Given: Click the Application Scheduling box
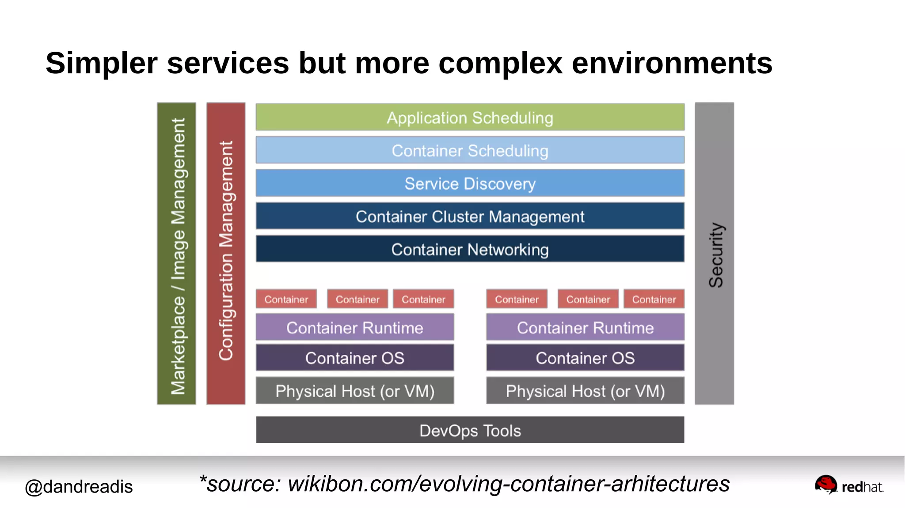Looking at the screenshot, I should (x=470, y=118).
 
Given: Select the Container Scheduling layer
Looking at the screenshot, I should (x=470, y=150).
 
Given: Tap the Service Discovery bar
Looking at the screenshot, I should (x=470, y=183).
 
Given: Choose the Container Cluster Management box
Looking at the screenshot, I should (x=470, y=216).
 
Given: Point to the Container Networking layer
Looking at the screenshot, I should (x=470, y=249).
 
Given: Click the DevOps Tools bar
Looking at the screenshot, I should (x=470, y=430).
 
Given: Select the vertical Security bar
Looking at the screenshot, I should (x=714, y=254).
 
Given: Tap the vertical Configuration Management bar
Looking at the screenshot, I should (x=226, y=254).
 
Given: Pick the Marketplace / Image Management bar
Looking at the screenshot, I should (x=176, y=254).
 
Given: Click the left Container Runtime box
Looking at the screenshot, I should (x=355, y=327).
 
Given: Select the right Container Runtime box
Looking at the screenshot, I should (x=585, y=327).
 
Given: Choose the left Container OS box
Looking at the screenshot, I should (x=355, y=357).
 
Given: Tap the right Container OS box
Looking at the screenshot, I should (x=585, y=357).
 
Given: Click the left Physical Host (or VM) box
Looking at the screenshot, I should (x=355, y=390).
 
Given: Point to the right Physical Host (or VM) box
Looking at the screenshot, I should (x=585, y=390).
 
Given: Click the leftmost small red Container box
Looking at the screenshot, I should (x=286, y=299).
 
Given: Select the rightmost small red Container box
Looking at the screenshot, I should (x=654, y=299).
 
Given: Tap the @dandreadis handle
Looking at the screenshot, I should (x=79, y=486).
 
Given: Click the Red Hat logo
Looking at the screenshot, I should (x=848, y=485).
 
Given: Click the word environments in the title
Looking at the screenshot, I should (x=672, y=63).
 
